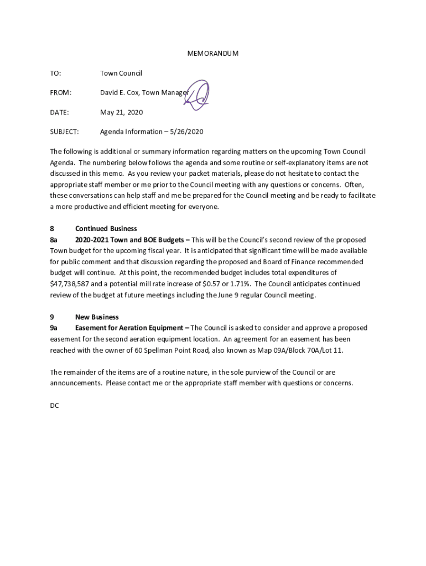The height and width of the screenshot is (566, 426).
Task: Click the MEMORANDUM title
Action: pos(212,54)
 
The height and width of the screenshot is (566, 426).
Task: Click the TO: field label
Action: pos(55,74)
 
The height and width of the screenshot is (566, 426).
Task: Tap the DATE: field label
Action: pos(60,112)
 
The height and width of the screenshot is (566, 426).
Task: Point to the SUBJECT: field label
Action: pos(64,132)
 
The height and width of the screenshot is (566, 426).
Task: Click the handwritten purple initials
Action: pos(198,95)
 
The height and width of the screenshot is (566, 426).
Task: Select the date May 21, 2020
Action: pos(121,112)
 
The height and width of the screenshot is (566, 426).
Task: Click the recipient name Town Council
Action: pos(121,74)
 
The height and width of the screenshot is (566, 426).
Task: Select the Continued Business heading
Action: pos(106,229)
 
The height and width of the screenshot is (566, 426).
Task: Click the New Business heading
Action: pos(97,317)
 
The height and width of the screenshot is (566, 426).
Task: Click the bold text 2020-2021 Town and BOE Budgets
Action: pos(129,240)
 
